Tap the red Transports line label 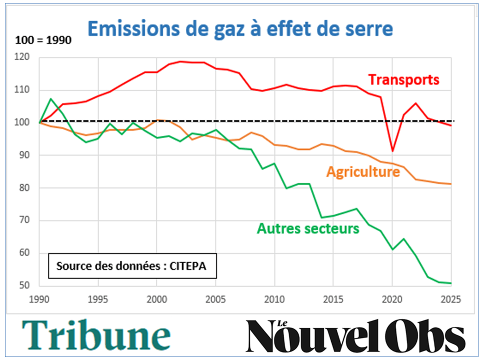point(403,79)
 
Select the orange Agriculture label point(363,172)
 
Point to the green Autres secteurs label point(308,229)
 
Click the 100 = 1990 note point(43,40)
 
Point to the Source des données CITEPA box point(133,265)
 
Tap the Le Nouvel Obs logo point(355,336)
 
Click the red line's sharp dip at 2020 point(392,151)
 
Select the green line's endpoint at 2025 point(450,283)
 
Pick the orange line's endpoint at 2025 point(450,184)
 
